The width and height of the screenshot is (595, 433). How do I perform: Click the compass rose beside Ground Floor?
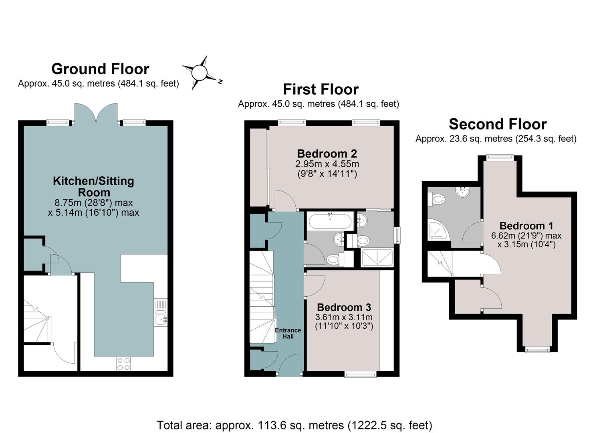[200, 72]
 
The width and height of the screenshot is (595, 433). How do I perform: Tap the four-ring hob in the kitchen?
[123, 364]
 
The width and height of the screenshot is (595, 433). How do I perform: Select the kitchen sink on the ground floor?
[160, 317]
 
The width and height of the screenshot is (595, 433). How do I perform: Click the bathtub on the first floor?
[330, 221]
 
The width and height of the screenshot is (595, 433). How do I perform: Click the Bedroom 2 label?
[327, 154]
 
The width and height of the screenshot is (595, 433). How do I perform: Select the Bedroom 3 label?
[344, 307]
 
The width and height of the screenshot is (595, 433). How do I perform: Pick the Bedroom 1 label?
[526, 226]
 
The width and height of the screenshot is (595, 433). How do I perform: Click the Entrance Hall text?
[288, 333]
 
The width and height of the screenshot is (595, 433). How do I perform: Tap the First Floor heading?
[321, 89]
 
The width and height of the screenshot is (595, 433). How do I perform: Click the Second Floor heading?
[498, 124]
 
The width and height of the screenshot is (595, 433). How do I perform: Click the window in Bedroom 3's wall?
[361, 374]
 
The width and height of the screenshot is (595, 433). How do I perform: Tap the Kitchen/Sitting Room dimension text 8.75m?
[93, 203]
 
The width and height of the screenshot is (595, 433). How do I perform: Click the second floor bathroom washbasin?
[462, 192]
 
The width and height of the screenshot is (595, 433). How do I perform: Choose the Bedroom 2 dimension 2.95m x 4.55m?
[327, 164]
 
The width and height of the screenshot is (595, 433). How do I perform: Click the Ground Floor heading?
[100, 69]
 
